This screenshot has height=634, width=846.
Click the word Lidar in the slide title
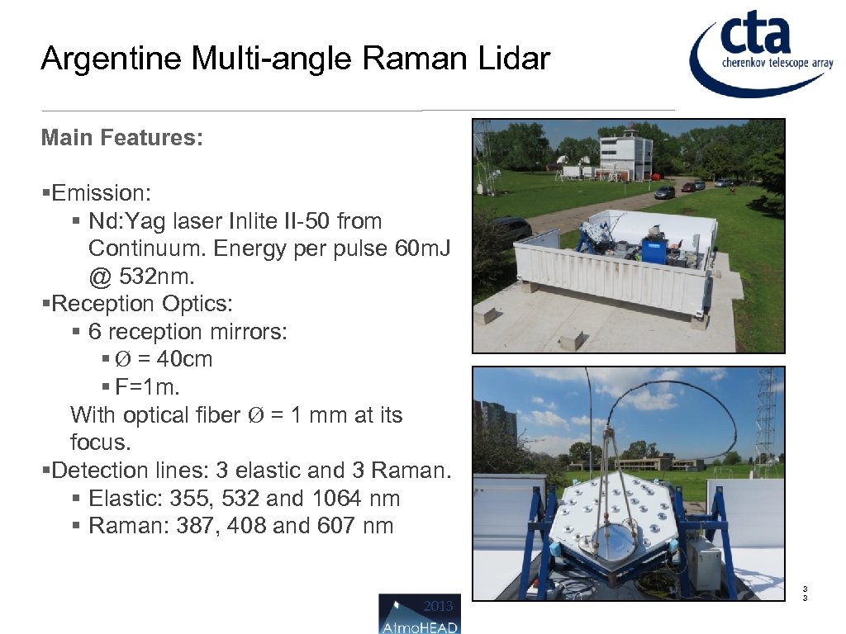pos(513,59)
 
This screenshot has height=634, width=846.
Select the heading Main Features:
pos(121,137)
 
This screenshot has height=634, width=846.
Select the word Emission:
pos(101,193)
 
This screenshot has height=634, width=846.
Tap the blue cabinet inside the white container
pos(654,248)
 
